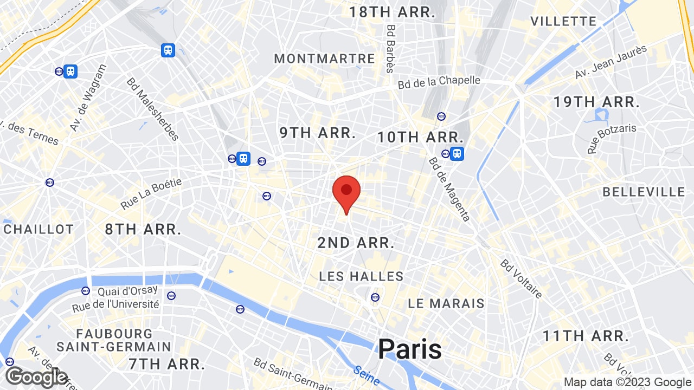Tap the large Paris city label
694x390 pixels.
(x=410, y=349)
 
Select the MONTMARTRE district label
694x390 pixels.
(x=324, y=59)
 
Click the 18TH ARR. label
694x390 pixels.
(x=393, y=12)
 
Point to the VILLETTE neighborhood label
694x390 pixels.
(x=563, y=22)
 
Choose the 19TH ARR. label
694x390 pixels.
(x=596, y=102)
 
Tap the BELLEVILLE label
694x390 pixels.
(x=644, y=192)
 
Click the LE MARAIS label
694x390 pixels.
(x=446, y=303)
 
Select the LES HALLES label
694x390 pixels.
(x=361, y=277)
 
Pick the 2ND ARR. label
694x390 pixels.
(x=356, y=243)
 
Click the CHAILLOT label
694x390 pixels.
(x=38, y=230)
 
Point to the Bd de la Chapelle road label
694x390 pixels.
(x=439, y=82)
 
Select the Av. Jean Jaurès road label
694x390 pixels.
(x=611, y=62)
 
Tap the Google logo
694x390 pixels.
(x=36, y=378)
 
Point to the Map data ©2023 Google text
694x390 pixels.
(x=627, y=382)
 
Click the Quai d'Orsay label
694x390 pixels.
(x=128, y=291)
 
